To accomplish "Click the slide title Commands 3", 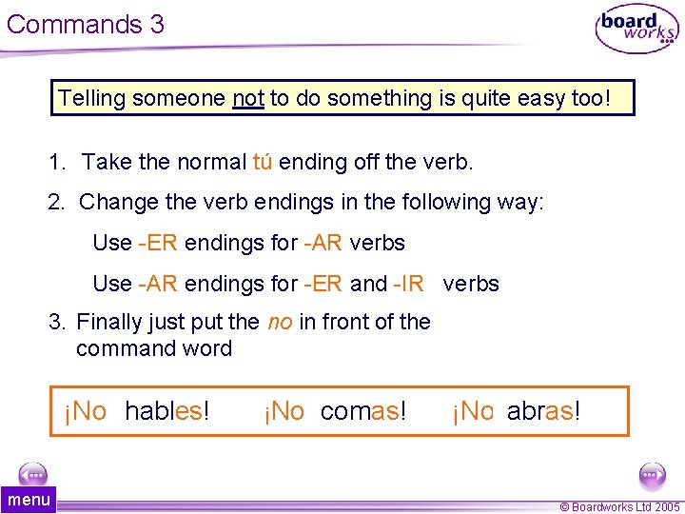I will click(86, 24).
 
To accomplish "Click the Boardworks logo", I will click(636, 30).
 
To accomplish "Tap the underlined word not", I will click(248, 98).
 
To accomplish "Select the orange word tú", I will click(263, 162).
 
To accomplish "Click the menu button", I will click(29, 500).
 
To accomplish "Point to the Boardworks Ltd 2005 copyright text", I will click(619, 507).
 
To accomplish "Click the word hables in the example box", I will click(166, 411).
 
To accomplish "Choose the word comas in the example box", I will click(362, 411).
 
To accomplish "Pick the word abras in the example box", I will click(542, 411).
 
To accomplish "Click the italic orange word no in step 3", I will click(280, 322).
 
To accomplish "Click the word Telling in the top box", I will click(92, 98).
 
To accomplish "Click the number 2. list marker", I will click(57, 202).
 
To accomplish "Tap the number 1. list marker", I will click(57, 162).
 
